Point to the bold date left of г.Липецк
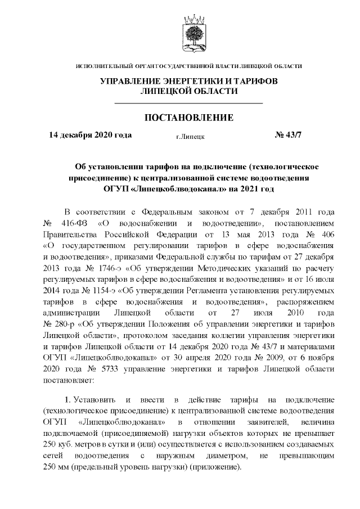point(91,136)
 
